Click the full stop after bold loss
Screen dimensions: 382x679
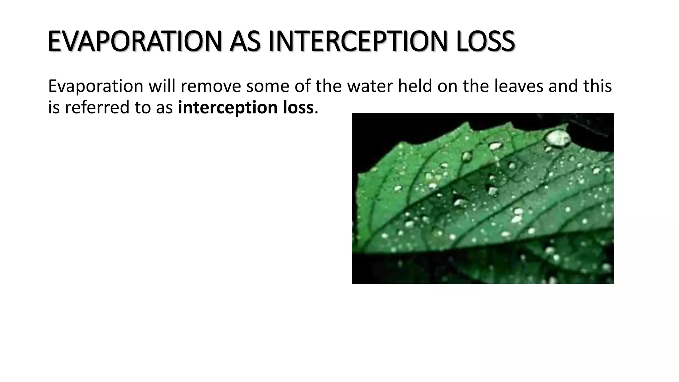click(316, 112)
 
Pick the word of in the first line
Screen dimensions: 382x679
click(303, 86)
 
